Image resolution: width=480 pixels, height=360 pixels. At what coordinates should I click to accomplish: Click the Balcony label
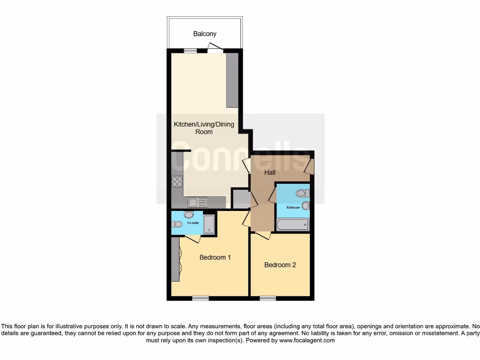pos(205,34)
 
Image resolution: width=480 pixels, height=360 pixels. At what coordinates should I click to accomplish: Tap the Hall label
pos(270,172)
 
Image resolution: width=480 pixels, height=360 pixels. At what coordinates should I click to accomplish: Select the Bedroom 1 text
pos(215,257)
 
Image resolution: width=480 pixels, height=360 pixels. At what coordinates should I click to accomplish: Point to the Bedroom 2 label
pos(280,265)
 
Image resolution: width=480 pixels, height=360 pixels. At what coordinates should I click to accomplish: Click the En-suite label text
pos(193,223)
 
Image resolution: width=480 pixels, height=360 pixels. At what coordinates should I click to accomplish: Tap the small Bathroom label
pos(293,207)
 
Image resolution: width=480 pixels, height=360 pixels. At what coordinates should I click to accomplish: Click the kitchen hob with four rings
pos(177,181)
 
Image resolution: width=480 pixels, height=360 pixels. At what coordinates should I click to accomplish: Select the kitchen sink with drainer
pos(197,202)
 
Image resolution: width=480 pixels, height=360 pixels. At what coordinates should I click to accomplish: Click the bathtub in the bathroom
pos(293,225)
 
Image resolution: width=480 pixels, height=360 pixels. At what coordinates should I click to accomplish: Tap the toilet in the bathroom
pos(302,193)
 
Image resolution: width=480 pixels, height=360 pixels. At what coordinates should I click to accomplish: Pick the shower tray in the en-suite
pos(209,225)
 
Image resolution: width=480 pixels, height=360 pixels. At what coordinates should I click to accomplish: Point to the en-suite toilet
pos(177,224)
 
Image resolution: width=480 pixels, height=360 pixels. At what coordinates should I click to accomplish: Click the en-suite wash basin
pos(188,215)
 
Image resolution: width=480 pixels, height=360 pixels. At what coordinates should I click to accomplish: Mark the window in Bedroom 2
pos(268,298)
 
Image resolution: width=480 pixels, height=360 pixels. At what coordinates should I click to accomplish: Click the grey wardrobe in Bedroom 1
pos(175,259)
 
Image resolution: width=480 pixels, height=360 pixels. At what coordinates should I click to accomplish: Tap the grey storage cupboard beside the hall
pos(241,198)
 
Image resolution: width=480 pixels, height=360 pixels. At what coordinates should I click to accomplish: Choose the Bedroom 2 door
pos(263,235)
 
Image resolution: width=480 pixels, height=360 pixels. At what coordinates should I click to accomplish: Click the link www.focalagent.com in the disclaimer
pos(307,341)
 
